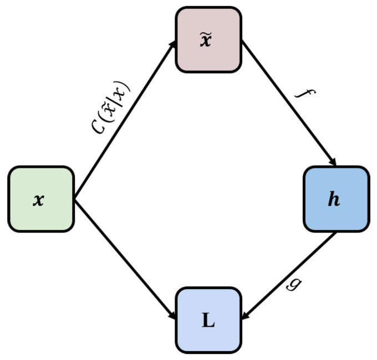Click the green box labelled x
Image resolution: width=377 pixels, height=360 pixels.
[x=40, y=199]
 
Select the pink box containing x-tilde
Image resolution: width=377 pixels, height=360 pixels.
[x=208, y=39]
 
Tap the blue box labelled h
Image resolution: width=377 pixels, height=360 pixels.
[x=336, y=199]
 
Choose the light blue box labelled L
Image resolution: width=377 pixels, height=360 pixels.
[x=208, y=320]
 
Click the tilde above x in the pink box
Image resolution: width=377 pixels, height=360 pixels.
[x=206, y=33]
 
